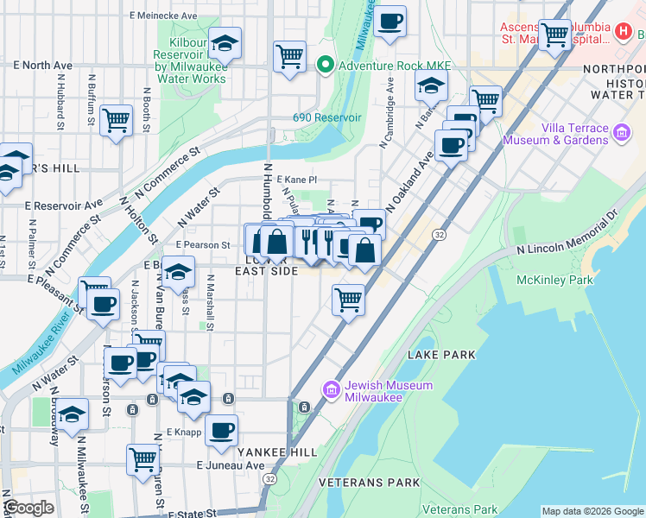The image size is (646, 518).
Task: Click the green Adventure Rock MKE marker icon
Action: (326, 64)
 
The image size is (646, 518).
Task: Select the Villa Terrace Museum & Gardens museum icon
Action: (621, 134)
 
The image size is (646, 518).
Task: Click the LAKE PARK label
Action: (440, 355)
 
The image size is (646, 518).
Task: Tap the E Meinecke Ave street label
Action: (166, 15)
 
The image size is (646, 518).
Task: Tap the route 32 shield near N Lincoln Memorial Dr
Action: (440, 235)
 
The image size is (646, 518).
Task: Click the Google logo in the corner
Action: (28, 509)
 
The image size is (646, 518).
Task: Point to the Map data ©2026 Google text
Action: (592, 511)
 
